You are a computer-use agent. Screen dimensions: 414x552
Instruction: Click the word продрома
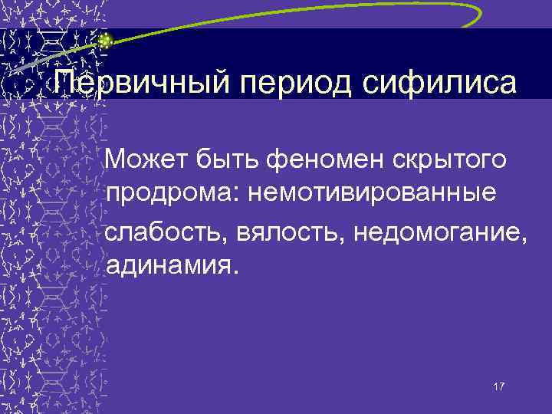tap(172, 195)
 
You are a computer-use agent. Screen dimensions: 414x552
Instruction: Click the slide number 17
tap(499, 386)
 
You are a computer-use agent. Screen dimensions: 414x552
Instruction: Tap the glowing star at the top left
tap(105, 41)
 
